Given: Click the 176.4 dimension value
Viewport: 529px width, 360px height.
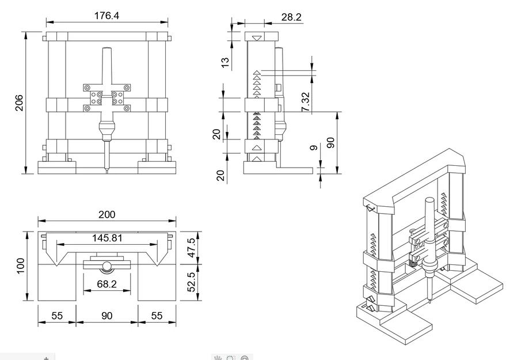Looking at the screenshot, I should point(106,16).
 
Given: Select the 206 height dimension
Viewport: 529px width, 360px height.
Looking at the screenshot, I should point(19,103).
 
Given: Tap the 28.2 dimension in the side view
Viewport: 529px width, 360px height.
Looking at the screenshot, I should point(291,17).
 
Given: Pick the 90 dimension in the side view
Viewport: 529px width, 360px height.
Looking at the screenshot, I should point(330,142).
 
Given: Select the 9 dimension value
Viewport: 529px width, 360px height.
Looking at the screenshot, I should point(313,148).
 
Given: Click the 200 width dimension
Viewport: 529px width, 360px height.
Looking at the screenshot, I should point(106,214).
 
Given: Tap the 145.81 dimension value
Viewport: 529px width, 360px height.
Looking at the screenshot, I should point(106,237).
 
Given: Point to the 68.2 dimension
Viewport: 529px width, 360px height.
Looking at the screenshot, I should point(106,283).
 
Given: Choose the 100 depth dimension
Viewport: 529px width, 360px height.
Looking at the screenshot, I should point(20,266).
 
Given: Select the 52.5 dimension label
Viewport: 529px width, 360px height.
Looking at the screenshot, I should point(192,282).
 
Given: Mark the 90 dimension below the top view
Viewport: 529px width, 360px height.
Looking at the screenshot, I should point(106,316).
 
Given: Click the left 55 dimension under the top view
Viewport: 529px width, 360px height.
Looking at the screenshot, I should point(56,316).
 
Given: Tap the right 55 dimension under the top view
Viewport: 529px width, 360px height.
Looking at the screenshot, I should point(157,316).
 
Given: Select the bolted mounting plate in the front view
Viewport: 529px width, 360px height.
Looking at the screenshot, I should point(107,98).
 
